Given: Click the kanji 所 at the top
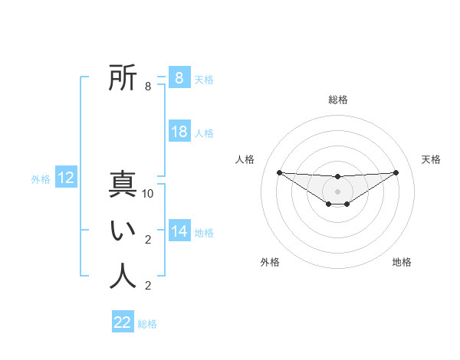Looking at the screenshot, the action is tap(123, 78).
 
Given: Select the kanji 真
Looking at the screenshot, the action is tap(123, 185).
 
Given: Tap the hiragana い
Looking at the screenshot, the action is tap(123, 231).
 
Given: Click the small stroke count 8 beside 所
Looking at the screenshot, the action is tap(147, 87).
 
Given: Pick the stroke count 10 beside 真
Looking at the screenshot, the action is tap(148, 194).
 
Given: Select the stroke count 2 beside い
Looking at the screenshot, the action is tap(147, 240).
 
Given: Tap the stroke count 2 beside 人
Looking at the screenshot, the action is tap(147, 286).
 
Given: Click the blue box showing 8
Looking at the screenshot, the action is tap(179, 77).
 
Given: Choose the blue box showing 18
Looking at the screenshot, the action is tap(179, 132).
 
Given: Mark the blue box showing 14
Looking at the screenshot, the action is tap(179, 231).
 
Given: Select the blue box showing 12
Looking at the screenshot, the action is tap(66, 178).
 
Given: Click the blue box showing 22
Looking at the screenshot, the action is tap(123, 322).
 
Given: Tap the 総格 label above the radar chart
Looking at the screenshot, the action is tap(337, 100).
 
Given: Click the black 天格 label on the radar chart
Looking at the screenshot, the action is tap(431, 159).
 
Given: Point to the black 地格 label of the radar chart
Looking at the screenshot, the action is tap(402, 262).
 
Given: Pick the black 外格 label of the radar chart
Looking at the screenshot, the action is tap(270, 262).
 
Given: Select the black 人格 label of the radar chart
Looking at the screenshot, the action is tap(245, 159).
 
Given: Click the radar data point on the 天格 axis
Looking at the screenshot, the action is tap(396, 172).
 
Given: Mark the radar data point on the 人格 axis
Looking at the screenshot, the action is tap(279, 172).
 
